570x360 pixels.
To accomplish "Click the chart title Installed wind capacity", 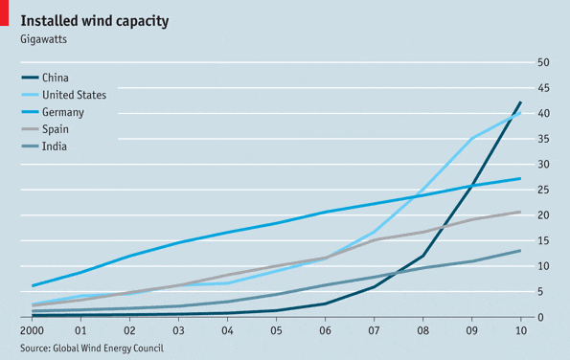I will pyautogui.click(x=96, y=20).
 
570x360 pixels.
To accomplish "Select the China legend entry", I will pyautogui.click(x=57, y=78).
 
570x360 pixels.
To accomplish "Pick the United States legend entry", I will pyautogui.click(x=74, y=95).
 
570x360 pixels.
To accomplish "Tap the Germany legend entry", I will pyautogui.click(x=64, y=112).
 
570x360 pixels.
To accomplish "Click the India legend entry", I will pyautogui.click(x=55, y=146).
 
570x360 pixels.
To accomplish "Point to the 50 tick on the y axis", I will pyautogui.click(x=542, y=62).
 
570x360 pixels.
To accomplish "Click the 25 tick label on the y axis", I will pyautogui.click(x=542, y=190).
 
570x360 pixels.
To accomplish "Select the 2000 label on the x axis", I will pyautogui.click(x=33, y=329).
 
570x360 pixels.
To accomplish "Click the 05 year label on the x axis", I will pyautogui.click(x=276, y=329).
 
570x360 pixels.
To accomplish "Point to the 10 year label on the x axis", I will pyautogui.click(x=519, y=329).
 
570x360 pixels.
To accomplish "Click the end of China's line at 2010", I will pyautogui.click(x=520, y=102).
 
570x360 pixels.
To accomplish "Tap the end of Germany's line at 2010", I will pyautogui.click(x=520, y=178).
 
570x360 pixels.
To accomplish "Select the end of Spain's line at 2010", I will pyautogui.click(x=520, y=212).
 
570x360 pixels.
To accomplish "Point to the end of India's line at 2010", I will pyautogui.click(x=520, y=251).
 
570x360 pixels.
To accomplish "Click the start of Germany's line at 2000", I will pyautogui.click(x=33, y=285).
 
